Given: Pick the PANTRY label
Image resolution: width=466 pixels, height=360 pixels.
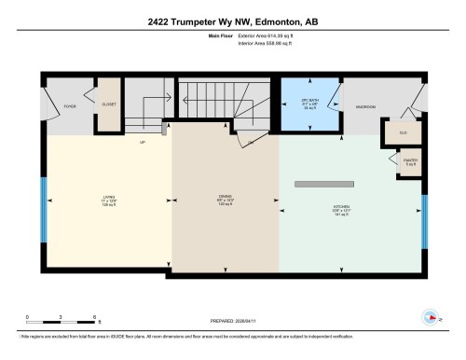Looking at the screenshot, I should pos(410,160).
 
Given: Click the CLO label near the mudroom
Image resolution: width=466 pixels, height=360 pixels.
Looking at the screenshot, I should pos(404,133).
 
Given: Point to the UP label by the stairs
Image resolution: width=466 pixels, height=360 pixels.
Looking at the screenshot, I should pos(143,142).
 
